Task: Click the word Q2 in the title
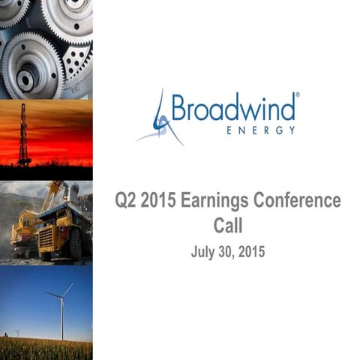(x=126, y=201)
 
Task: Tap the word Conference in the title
(x=299, y=201)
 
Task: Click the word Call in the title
(x=227, y=225)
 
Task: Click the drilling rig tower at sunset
(x=24, y=135)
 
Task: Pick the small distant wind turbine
(x=17, y=331)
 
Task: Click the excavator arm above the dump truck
(x=52, y=193)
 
